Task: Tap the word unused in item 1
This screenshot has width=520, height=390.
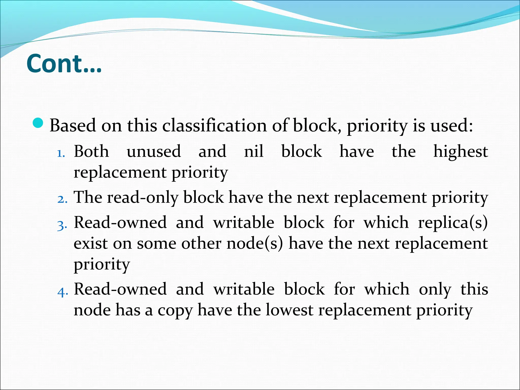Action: coord(154,151)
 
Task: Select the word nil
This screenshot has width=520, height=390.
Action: coord(254,151)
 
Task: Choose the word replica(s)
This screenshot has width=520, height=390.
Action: coord(453,223)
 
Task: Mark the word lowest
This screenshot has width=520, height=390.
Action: coord(290,310)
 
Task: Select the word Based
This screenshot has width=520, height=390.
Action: coord(73,125)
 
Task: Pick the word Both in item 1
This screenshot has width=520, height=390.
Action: coord(91,151)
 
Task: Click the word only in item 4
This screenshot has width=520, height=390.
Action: coord(435,289)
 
